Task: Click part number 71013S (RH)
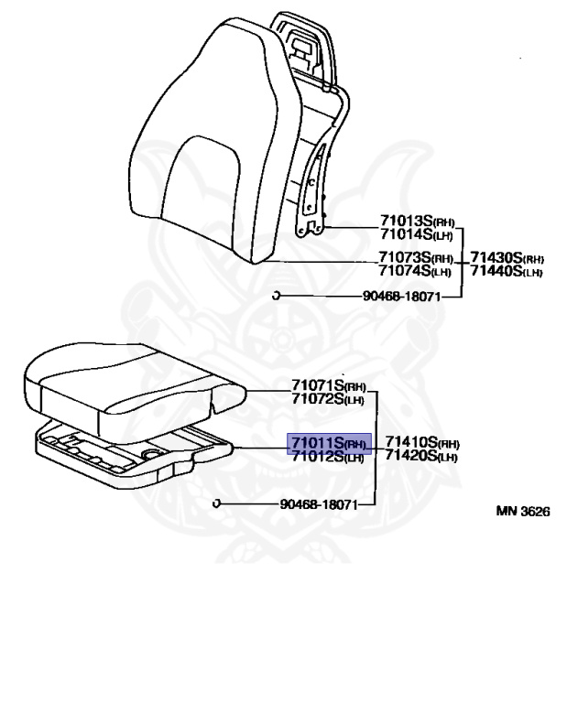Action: click(x=417, y=222)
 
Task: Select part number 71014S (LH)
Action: click(x=416, y=234)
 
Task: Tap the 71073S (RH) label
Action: click(x=416, y=258)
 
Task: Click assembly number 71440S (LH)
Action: click(x=507, y=271)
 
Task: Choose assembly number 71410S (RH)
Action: click(x=421, y=443)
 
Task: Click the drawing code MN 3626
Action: click(x=523, y=512)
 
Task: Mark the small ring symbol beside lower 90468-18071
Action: click(x=216, y=503)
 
